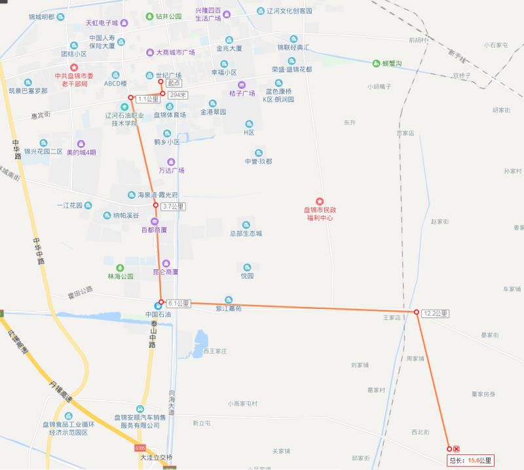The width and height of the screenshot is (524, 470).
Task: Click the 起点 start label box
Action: pos(174,83)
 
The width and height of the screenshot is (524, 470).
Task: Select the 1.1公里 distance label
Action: pos(148,99)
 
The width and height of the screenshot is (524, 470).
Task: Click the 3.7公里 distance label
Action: pos(173,206)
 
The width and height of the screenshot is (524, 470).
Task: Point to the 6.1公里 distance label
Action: pos(178,303)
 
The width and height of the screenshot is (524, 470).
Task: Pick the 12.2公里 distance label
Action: pos(436,313)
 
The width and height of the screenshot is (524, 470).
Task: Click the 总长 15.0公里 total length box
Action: pos(470,460)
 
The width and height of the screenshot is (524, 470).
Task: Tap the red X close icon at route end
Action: pos(456,449)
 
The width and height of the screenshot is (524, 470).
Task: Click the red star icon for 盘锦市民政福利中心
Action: pos(320,200)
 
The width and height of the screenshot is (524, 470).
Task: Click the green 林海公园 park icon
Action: pos(120,267)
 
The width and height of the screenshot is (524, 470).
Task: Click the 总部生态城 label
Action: pos(246,233)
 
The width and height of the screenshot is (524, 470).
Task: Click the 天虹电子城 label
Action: pos(102,23)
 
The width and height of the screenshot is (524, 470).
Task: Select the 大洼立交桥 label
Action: pos(156,457)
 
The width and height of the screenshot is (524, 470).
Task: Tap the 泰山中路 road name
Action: pos(152,334)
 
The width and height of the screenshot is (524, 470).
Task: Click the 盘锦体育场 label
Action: pos(170,115)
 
